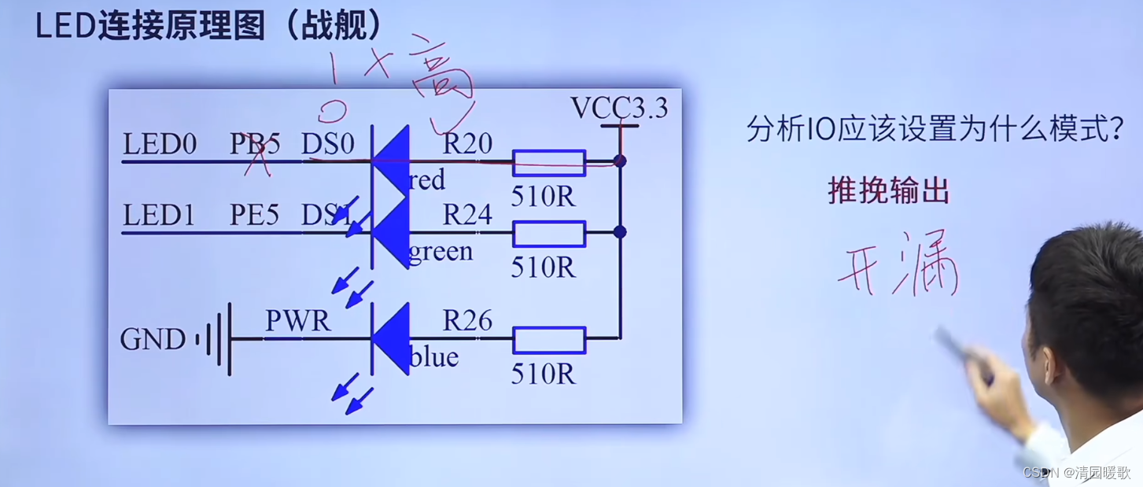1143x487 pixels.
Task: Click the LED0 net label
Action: pyautogui.click(x=159, y=145)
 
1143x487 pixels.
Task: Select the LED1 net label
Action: pyautogui.click(x=159, y=216)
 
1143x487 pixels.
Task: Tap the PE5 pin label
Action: pyautogui.click(x=254, y=216)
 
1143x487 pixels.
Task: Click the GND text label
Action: pyautogui.click(x=153, y=340)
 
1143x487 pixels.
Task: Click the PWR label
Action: pyautogui.click(x=297, y=321)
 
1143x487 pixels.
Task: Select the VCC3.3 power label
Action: pyautogui.click(x=619, y=108)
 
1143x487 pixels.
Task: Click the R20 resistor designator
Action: pyautogui.click(x=467, y=143)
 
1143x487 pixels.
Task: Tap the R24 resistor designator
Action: pyautogui.click(x=467, y=214)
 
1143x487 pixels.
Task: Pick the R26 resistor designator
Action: pyautogui.click(x=467, y=320)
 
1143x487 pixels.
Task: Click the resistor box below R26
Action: pyautogui.click(x=549, y=340)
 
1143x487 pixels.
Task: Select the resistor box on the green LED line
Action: pyautogui.click(x=549, y=234)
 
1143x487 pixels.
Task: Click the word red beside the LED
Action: pyautogui.click(x=427, y=181)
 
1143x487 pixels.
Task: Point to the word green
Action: pyautogui.click(x=441, y=252)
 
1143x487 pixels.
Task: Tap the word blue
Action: pyautogui.click(x=433, y=358)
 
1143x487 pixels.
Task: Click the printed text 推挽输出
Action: pyautogui.click(x=888, y=190)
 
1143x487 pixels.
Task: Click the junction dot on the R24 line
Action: pyautogui.click(x=620, y=232)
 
